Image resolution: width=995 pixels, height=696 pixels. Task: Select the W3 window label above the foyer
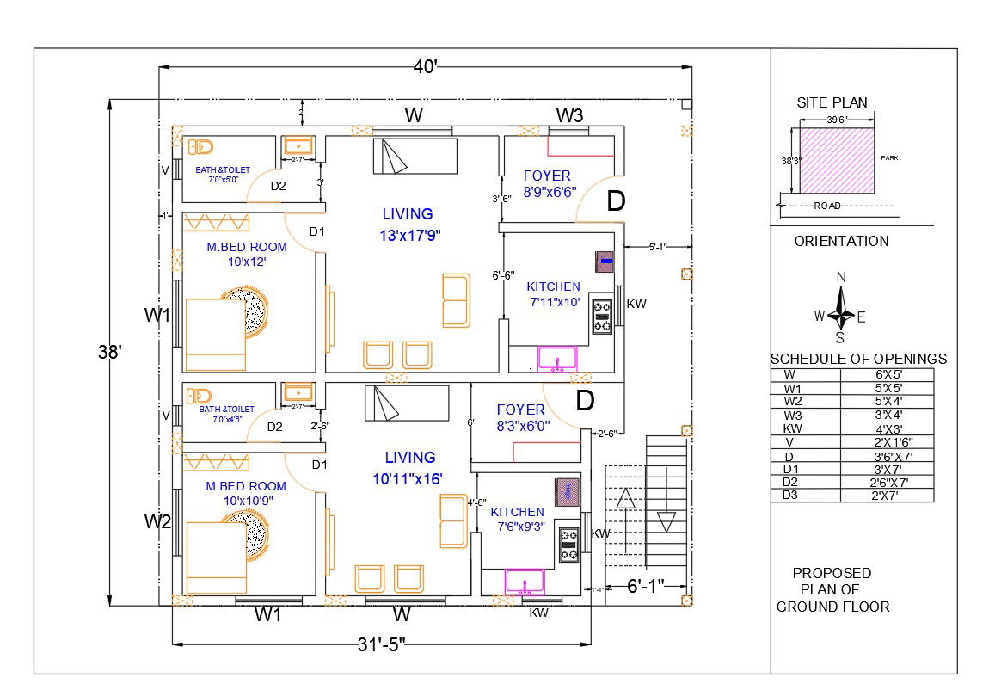[x=569, y=115]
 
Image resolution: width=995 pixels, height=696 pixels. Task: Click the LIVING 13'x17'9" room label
[x=408, y=224]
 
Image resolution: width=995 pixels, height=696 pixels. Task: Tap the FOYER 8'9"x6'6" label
[x=548, y=184]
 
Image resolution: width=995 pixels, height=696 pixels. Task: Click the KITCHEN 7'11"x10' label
[x=553, y=294]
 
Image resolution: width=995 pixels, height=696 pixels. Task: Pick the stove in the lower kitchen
[x=568, y=544]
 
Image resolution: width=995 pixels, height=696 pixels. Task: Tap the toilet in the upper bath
[x=200, y=146]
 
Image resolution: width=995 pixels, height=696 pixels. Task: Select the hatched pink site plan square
[x=838, y=161]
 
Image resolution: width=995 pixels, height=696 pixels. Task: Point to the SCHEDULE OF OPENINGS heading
[x=857, y=359]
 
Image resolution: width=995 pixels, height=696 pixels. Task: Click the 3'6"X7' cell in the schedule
[x=899, y=455]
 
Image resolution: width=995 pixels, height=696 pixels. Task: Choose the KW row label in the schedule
[x=792, y=428]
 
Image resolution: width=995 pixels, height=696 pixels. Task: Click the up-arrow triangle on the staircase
[x=626, y=498]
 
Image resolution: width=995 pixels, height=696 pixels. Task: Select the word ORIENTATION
[x=841, y=241]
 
